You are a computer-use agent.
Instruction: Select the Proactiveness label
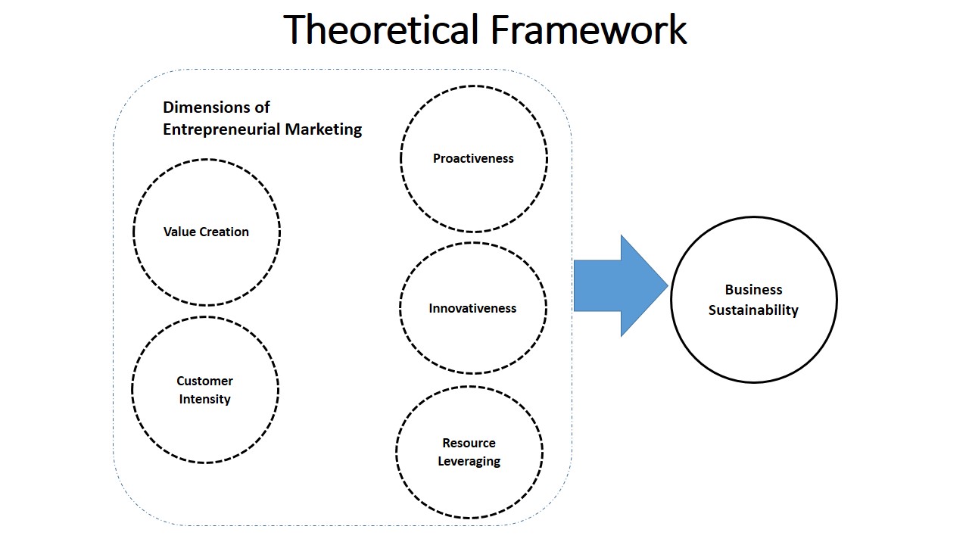pos(473,158)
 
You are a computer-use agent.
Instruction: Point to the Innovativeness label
pos(472,308)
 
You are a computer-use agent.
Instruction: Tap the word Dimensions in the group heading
pos(217,107)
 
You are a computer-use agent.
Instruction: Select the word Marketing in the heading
pos(323,129)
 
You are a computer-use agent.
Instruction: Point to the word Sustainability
pos(753,310)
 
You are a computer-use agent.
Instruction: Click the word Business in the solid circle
pos(753,289)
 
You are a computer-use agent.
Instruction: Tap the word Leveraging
pos(469,461)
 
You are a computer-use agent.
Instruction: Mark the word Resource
pos(469,443)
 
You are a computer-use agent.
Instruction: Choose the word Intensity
pos(204,399)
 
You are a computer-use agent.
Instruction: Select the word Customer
pos(204,381)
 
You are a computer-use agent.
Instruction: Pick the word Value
pos(176,232)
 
